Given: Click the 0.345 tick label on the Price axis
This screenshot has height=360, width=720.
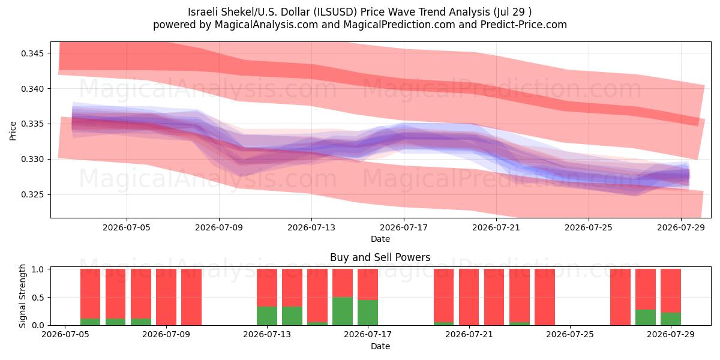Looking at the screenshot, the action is coord(32,53).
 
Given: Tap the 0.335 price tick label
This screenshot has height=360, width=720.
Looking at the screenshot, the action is coord(32,124).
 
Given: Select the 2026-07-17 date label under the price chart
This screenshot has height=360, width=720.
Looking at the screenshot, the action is coord(404,227).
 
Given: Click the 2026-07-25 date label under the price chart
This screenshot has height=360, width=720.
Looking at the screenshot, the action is coord(589,227).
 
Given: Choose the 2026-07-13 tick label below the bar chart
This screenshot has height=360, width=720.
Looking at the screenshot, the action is coord(267,335).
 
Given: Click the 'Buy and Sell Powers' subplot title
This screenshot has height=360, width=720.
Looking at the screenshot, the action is coord(380,257).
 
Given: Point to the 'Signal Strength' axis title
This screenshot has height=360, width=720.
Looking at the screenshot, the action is coord(22,296).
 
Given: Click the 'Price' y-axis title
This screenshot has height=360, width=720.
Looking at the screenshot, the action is coord(13,131).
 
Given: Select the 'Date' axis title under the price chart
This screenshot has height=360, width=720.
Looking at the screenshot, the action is coord(380,239).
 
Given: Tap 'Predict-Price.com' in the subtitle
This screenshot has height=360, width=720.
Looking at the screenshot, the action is coord(524,25).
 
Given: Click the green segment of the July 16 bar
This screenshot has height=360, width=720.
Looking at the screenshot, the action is coord(343,311).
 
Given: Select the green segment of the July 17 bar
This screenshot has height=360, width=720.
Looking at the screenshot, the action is coord(368,313).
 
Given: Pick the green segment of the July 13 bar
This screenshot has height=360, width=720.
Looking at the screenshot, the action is coord(267,316).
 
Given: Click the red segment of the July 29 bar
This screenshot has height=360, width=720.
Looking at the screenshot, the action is coord(671,290).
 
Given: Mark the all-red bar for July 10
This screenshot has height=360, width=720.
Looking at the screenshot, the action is coord(191,297).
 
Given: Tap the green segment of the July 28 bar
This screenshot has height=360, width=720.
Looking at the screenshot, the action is coord(646,317).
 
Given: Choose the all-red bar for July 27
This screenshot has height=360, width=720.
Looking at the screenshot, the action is coord(620,297).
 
